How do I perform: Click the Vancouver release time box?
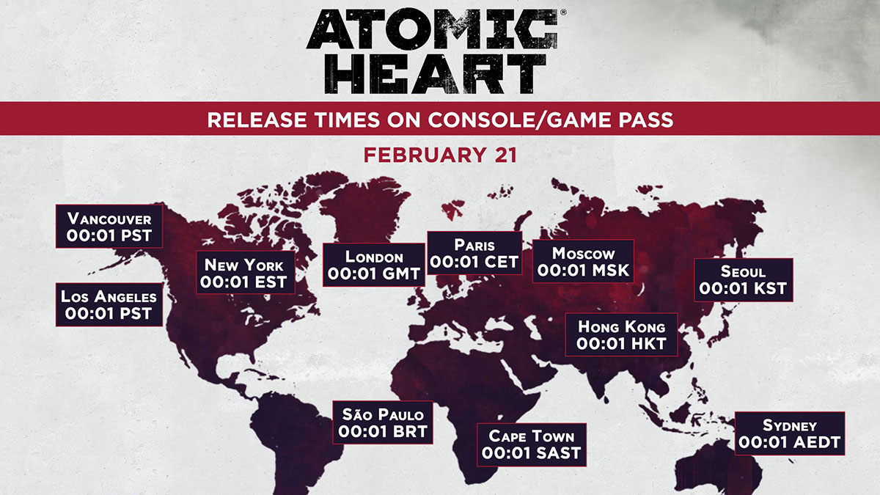(x=109, y=227)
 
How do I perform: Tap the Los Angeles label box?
(x=109, y=305)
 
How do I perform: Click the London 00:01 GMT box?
(x=374, y=265)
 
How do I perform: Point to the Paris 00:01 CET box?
(x=474, y=253)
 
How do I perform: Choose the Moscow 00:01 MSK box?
(x=583, y=262)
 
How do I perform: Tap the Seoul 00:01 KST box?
(x=743, y=279)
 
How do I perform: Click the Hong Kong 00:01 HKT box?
(x=622, y=334)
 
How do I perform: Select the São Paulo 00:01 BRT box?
(x=382, y=422)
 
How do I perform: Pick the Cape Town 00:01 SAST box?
(x=531, y=444)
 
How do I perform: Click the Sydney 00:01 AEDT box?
(x=789, y=433)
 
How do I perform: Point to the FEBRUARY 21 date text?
(x=440, y=155)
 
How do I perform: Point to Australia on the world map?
(x=733, y=469)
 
